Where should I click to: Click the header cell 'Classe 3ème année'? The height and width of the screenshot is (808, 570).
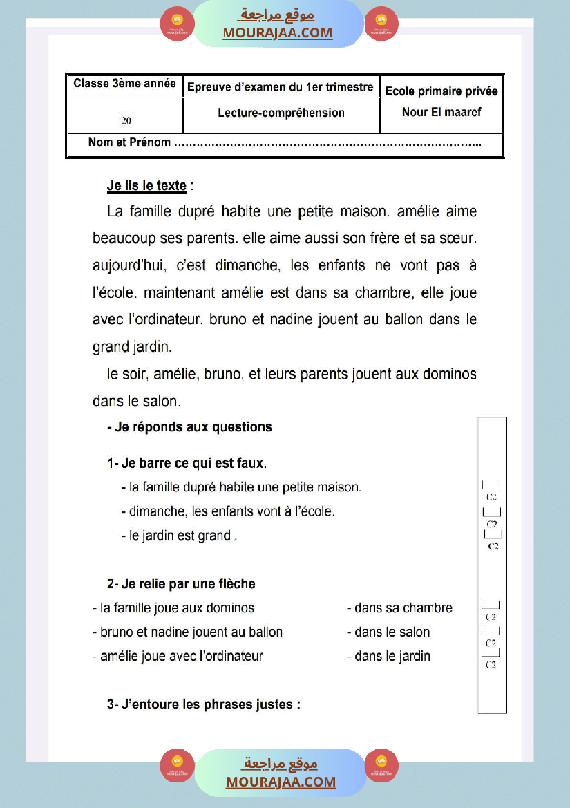click(124, 84)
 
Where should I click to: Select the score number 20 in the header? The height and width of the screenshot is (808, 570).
click(126, 120)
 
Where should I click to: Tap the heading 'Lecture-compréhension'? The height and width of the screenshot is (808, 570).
click(281, 113)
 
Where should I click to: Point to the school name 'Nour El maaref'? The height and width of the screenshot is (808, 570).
click(441, 111)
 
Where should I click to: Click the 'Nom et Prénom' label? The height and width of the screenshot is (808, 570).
click(129, 142)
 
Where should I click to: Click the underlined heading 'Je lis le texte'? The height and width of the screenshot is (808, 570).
click(146, 186)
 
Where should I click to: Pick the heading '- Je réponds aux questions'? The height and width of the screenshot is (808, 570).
click(189, 427)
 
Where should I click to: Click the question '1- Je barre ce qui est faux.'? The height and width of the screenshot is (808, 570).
click(187, 463)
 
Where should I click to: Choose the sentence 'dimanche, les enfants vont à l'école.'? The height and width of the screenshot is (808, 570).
click(231, 511)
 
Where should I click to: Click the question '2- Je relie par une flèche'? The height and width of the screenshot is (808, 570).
click(181, 584)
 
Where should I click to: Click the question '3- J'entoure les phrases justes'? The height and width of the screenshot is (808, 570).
click(204, 705)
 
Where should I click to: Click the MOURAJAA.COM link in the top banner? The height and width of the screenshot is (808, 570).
click(277, 32)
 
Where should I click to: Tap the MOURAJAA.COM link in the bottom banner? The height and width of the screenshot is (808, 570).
click(281, 782)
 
